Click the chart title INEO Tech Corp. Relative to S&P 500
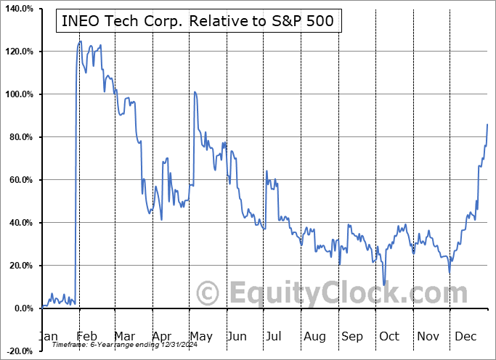tap(195, 21)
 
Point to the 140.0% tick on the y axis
tap(17, 9)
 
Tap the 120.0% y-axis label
tap(17, 52)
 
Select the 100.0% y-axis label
tap(17, 94)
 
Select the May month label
tap(201, 336)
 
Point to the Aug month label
tap(314, 336)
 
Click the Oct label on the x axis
tap(389, 336)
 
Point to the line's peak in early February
tap(80, 41)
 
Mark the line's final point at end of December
tap(487, 125)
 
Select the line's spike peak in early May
tap(195, 92)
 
